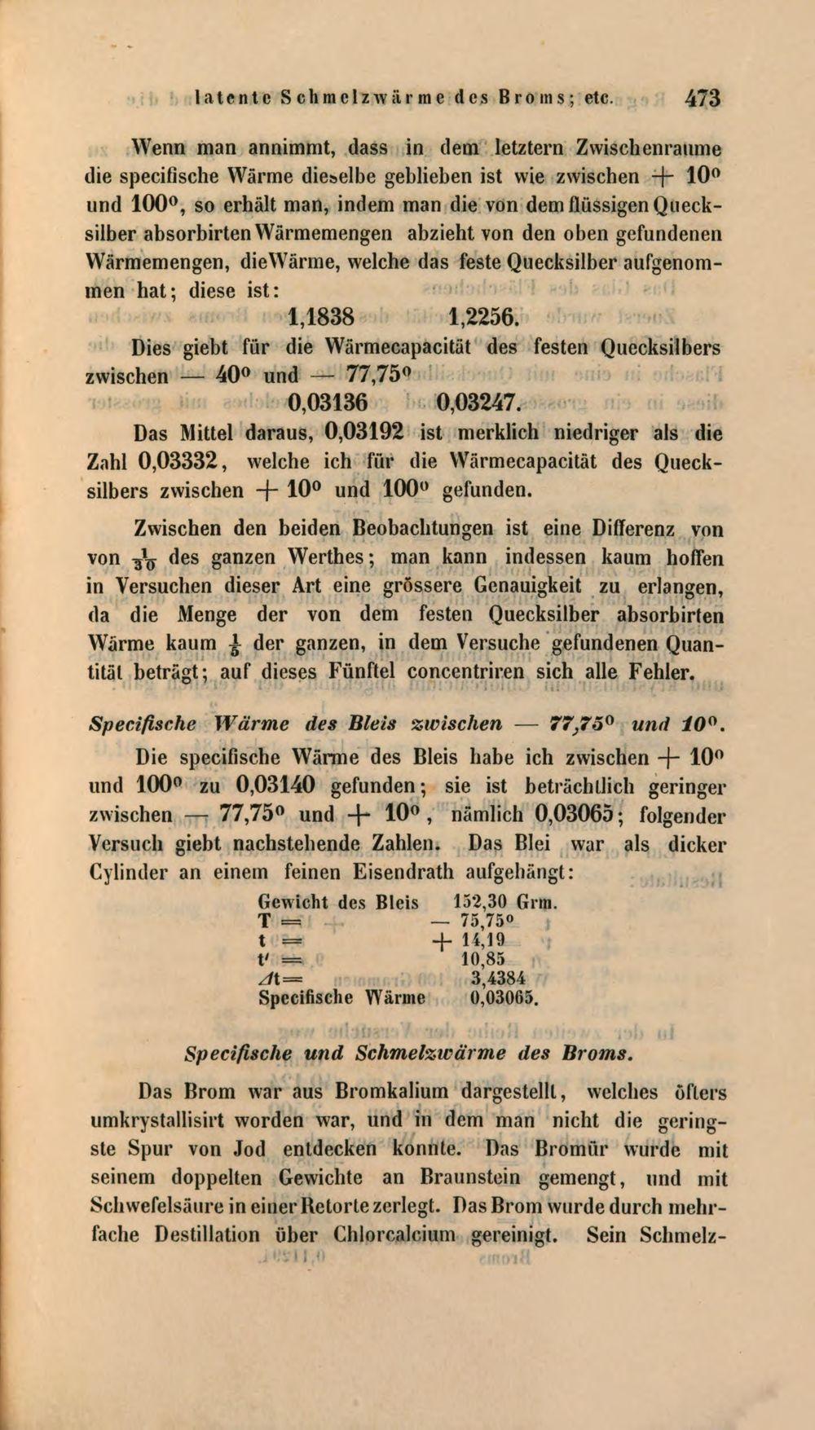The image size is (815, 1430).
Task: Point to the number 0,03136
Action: [330, 403]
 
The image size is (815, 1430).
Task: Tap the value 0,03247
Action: [478, 403]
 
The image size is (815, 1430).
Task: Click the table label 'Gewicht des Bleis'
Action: [337, 903]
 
